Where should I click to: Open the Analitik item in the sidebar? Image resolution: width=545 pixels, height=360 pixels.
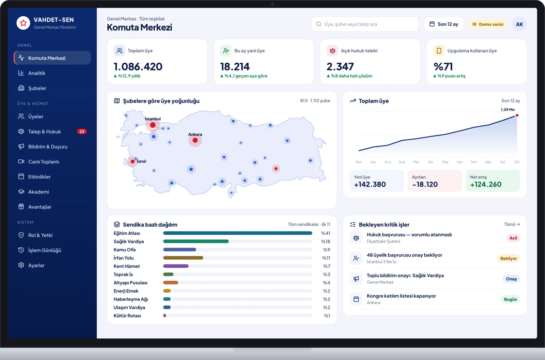coord(36,73)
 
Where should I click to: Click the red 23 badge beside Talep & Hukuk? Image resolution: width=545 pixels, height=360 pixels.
coord(82,131)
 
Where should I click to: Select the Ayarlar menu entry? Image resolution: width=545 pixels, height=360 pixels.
coord(36,265)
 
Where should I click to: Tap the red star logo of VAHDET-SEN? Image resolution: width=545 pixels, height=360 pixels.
coord(24,23)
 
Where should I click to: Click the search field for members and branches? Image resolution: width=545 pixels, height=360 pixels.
coord(365,24)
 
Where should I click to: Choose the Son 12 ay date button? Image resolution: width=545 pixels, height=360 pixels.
coord(443,24)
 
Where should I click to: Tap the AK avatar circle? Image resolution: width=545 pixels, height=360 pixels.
coord(519,24)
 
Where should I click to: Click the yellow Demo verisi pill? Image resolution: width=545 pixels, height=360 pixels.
coord(488,24)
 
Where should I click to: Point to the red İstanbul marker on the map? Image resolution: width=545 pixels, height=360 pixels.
coord(153,125)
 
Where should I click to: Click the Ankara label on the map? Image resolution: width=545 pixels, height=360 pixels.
coord(195,134)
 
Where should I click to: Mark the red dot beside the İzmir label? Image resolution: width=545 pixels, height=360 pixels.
coord(133,161)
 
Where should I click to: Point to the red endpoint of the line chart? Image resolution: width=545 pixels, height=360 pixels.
coord(517,115)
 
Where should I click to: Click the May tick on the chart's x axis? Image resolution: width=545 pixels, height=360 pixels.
coord(445,162)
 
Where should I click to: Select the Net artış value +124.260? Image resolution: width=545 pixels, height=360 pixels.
coord(486,184)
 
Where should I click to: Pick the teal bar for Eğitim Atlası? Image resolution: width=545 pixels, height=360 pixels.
coord(237,233)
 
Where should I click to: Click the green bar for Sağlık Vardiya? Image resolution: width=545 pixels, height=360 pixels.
coord(196,241)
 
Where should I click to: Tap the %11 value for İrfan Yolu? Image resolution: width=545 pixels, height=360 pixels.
coord(326,258)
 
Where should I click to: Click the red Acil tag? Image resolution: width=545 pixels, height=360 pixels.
coord(513,238)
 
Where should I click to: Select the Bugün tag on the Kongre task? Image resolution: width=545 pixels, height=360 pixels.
coord(511,299)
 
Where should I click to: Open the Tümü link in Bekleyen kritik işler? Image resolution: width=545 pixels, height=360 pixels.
coord(512,224)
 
